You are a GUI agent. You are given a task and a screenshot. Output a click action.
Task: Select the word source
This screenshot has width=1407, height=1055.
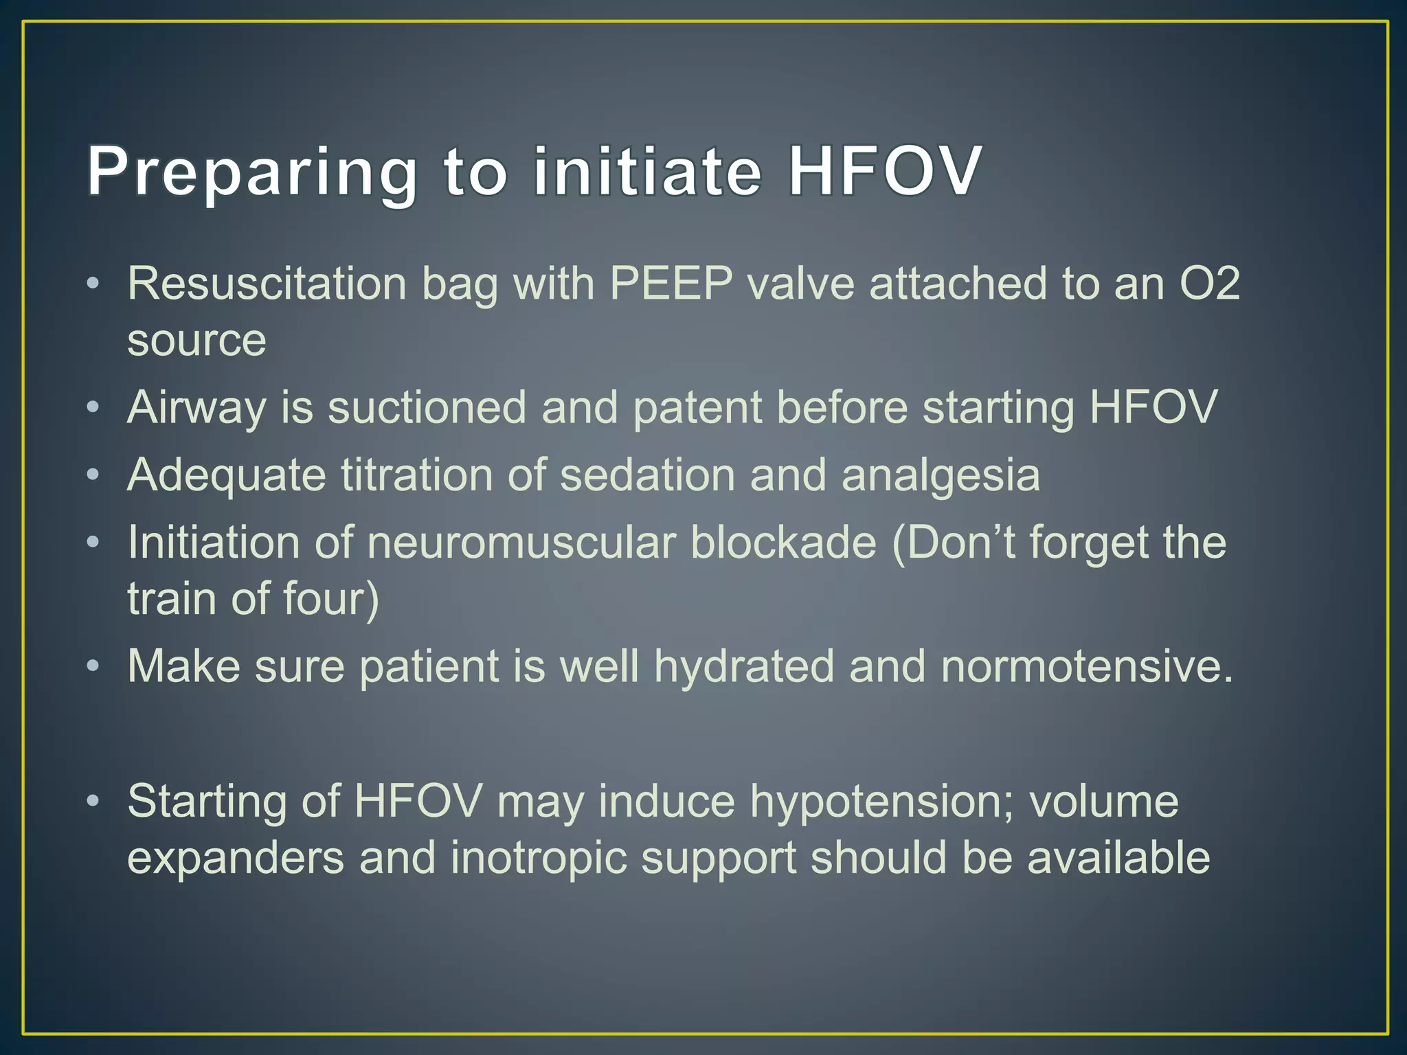[196, 340]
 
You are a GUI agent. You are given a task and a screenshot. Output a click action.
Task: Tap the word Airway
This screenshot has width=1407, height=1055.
[196, 408]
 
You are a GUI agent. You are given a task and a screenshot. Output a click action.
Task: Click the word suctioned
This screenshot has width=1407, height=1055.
[427, 408]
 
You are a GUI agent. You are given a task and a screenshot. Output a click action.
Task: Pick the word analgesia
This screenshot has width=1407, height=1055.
[941, 475]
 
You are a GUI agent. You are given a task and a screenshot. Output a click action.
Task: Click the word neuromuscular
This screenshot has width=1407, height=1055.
[521, 543]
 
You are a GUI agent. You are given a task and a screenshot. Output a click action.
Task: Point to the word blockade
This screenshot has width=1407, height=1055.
[783, 543]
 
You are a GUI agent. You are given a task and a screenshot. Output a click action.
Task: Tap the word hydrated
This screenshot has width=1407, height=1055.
[744, 666]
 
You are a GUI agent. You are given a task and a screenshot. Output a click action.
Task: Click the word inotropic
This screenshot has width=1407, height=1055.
[539, 858]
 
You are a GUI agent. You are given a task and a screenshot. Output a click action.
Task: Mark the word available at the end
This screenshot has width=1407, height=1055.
[1118, 858]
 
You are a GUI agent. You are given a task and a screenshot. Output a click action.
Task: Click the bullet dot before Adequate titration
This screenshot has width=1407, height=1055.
[93, 475]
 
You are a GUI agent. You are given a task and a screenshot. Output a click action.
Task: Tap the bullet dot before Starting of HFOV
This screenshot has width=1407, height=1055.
[93, 802]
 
